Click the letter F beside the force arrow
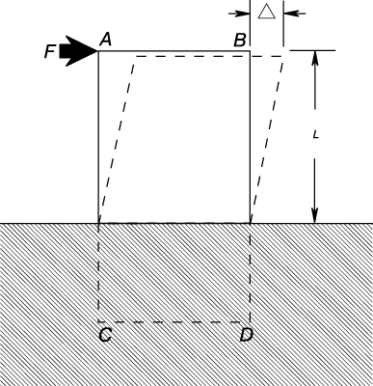click(x=50, y=51)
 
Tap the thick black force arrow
click(x=78, y=51)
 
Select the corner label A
click(x=106, y=41)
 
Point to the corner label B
click(x=240, y=41)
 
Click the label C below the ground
click(x=105, y=335)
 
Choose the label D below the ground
click(x=247, y=335)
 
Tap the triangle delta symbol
click(x=267, y=12)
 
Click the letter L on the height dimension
click(x=315, y=134)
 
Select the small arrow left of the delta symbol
click(x=239, y=14)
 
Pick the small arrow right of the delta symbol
click(x=295, y=14)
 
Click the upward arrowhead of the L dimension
click(x=315, y=57)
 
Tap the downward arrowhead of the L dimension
click(x=315, y=216)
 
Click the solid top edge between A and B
click(x=173, y=50)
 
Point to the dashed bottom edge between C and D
click(x=173, y=321)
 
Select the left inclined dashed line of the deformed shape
click(x=117, y=139)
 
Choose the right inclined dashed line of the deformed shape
click(x=267, y=139)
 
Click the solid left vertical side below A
click(x=98, y=137)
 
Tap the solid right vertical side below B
click(x=250, y=137)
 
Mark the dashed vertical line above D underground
click(x=250, y=272)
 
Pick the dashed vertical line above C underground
click(x=98, y=272)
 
